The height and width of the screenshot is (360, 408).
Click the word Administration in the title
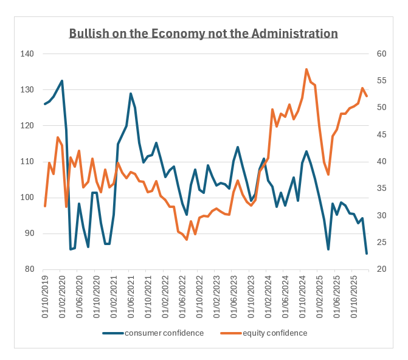click(299, 33)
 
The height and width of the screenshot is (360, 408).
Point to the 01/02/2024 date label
click(267, 292)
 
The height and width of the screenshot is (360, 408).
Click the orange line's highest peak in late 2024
click(306, 69)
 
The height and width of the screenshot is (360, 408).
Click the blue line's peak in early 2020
click(62, 80)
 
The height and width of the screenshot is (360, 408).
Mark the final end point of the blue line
click(367, 254)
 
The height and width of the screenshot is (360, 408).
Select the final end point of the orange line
click(367, 96)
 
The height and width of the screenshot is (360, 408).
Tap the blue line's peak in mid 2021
click(131, 94)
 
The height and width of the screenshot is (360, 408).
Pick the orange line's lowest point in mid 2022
click(187, 240)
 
